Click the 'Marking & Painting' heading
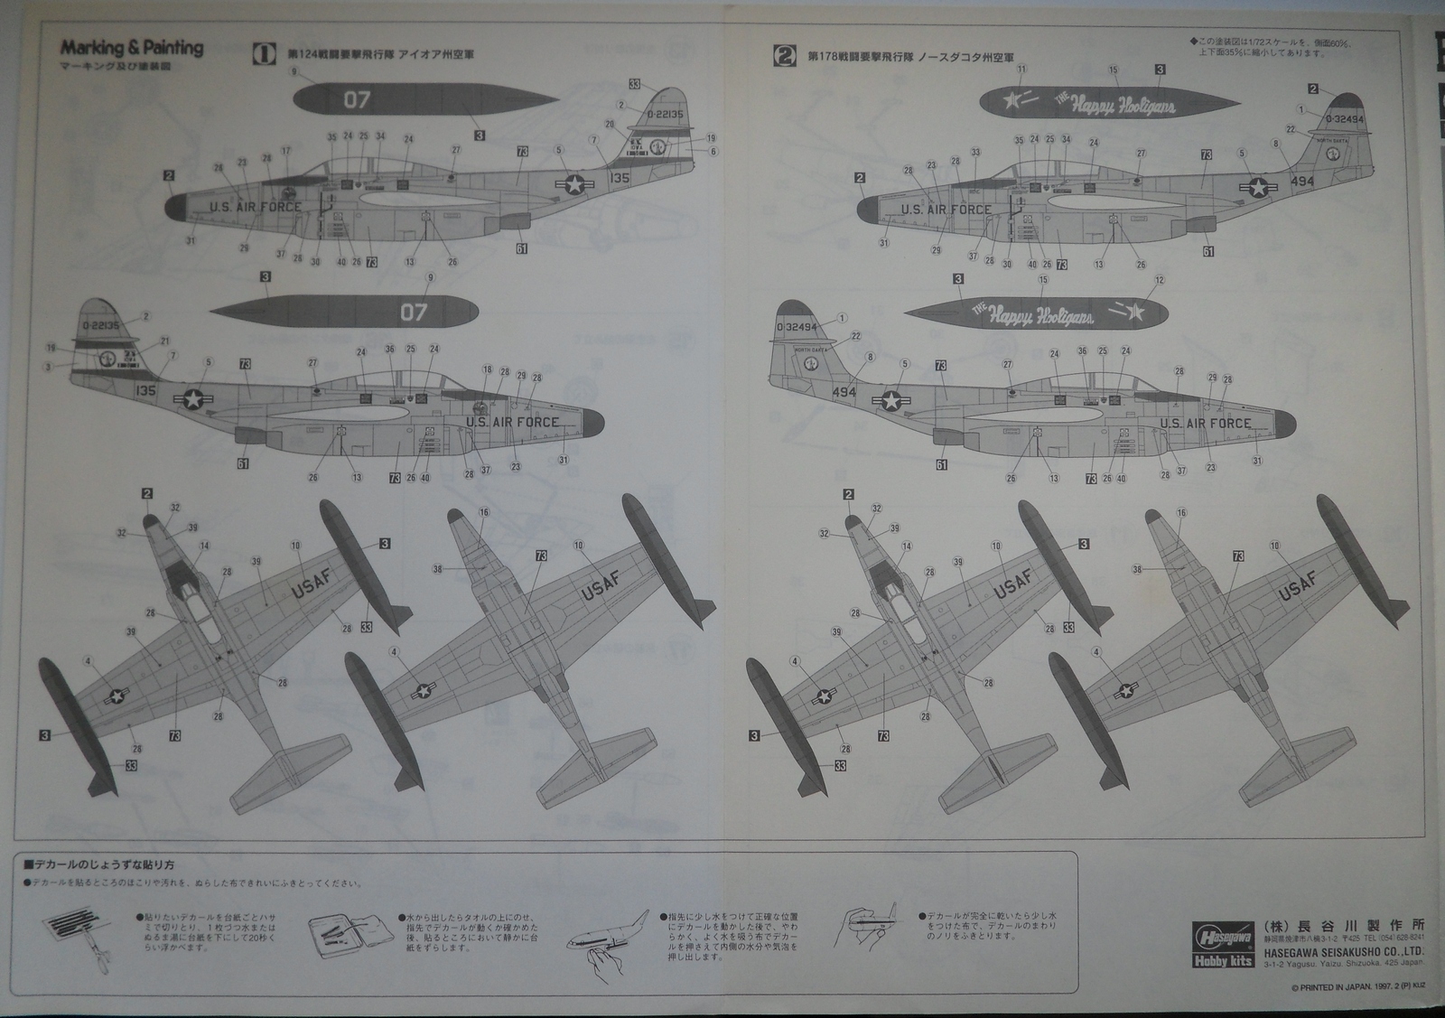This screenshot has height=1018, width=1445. point(132,48)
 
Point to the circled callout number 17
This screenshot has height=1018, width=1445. point(286,151)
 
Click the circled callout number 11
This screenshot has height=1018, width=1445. point(1021,69)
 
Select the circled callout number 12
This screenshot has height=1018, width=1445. point(1160,280)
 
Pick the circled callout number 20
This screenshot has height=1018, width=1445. point(610,125)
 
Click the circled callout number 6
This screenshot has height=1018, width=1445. point(713,151)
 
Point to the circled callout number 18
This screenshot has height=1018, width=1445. point(488,369)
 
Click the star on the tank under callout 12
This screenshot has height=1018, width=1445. point(1137,313)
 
